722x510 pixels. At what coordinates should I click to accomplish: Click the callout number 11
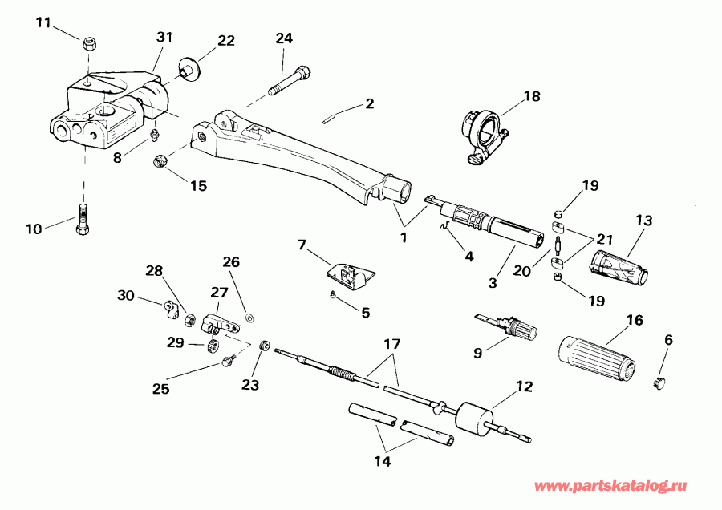[43, 21]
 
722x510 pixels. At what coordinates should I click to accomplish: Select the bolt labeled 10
[83, 220]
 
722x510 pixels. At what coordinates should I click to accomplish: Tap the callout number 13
[645, 220]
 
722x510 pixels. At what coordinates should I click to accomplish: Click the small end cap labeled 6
[660, 382]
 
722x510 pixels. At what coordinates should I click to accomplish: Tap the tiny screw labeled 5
[332, 296]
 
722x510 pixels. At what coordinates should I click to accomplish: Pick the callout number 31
[164, 38]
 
